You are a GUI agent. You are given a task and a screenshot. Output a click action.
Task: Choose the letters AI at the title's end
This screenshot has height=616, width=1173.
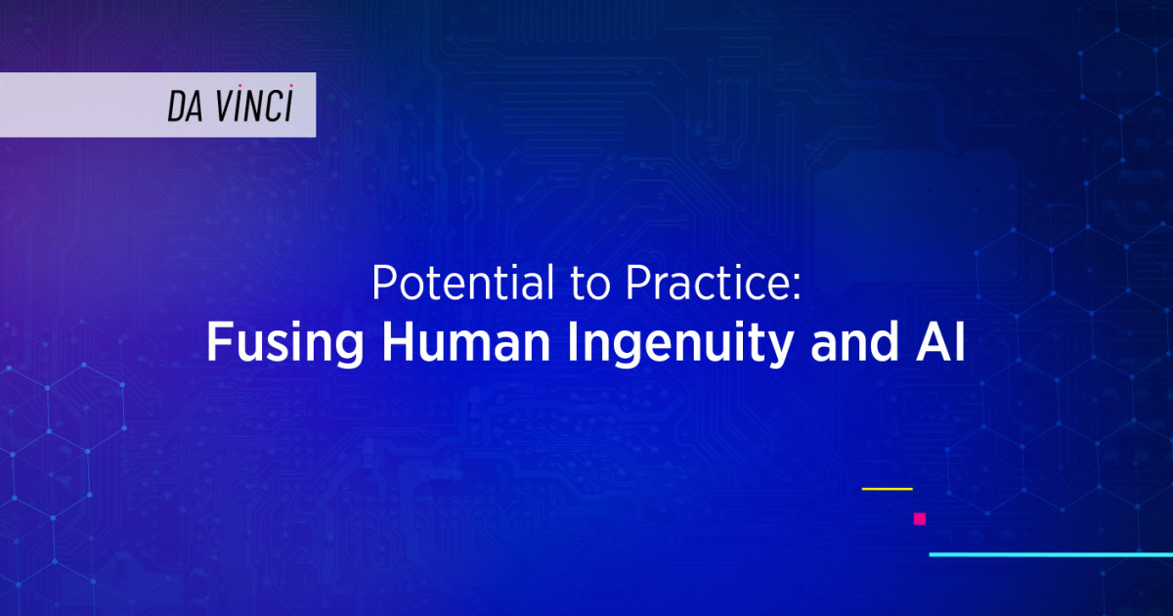940,345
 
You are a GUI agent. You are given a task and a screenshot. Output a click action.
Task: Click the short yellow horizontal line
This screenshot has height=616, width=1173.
887,488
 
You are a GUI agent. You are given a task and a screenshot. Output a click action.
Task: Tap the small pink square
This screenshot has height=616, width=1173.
919,519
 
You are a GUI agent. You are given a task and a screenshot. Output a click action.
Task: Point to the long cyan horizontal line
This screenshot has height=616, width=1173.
1050,554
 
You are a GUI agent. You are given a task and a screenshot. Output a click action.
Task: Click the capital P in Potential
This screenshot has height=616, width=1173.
382,286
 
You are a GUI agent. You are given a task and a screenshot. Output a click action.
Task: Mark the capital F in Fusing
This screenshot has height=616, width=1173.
218,345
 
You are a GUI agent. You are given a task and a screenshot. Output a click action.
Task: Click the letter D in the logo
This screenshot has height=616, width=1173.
176,109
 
